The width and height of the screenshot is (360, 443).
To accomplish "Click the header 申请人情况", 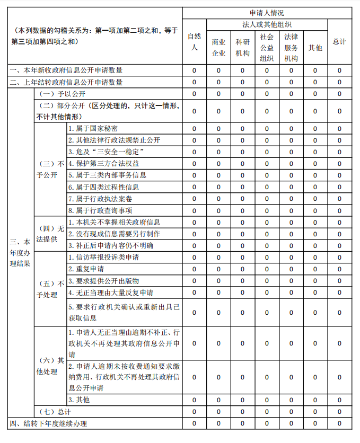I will tap(267, 13).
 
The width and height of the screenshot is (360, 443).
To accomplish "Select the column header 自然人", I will tap(194, 41).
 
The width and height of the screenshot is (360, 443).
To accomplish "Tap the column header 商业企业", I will tap(218, 47).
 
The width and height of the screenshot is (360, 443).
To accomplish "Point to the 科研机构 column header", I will tap(243, 47).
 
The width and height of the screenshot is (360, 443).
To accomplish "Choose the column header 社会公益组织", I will tap(267, 47).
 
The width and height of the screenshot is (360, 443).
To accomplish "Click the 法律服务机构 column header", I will tap(291, 47).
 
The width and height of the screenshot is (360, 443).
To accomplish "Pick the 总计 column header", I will tap(339, 41).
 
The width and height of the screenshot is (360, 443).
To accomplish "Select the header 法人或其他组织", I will tap(267, 24).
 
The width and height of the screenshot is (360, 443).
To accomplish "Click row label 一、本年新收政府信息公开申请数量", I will tap(66, 70).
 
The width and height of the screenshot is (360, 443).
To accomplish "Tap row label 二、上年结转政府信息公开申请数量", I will tap(66, 82).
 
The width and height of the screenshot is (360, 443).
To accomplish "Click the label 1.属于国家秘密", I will tap(93, 128).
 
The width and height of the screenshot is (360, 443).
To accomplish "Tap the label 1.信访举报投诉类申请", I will tap(103, 257).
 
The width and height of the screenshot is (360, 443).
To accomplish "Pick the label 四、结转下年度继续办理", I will tap(48, 423).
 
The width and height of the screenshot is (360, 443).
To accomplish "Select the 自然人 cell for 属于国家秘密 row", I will tap(194, 128).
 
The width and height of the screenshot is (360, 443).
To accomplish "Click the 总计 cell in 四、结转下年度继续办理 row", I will tap(339, 423).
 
